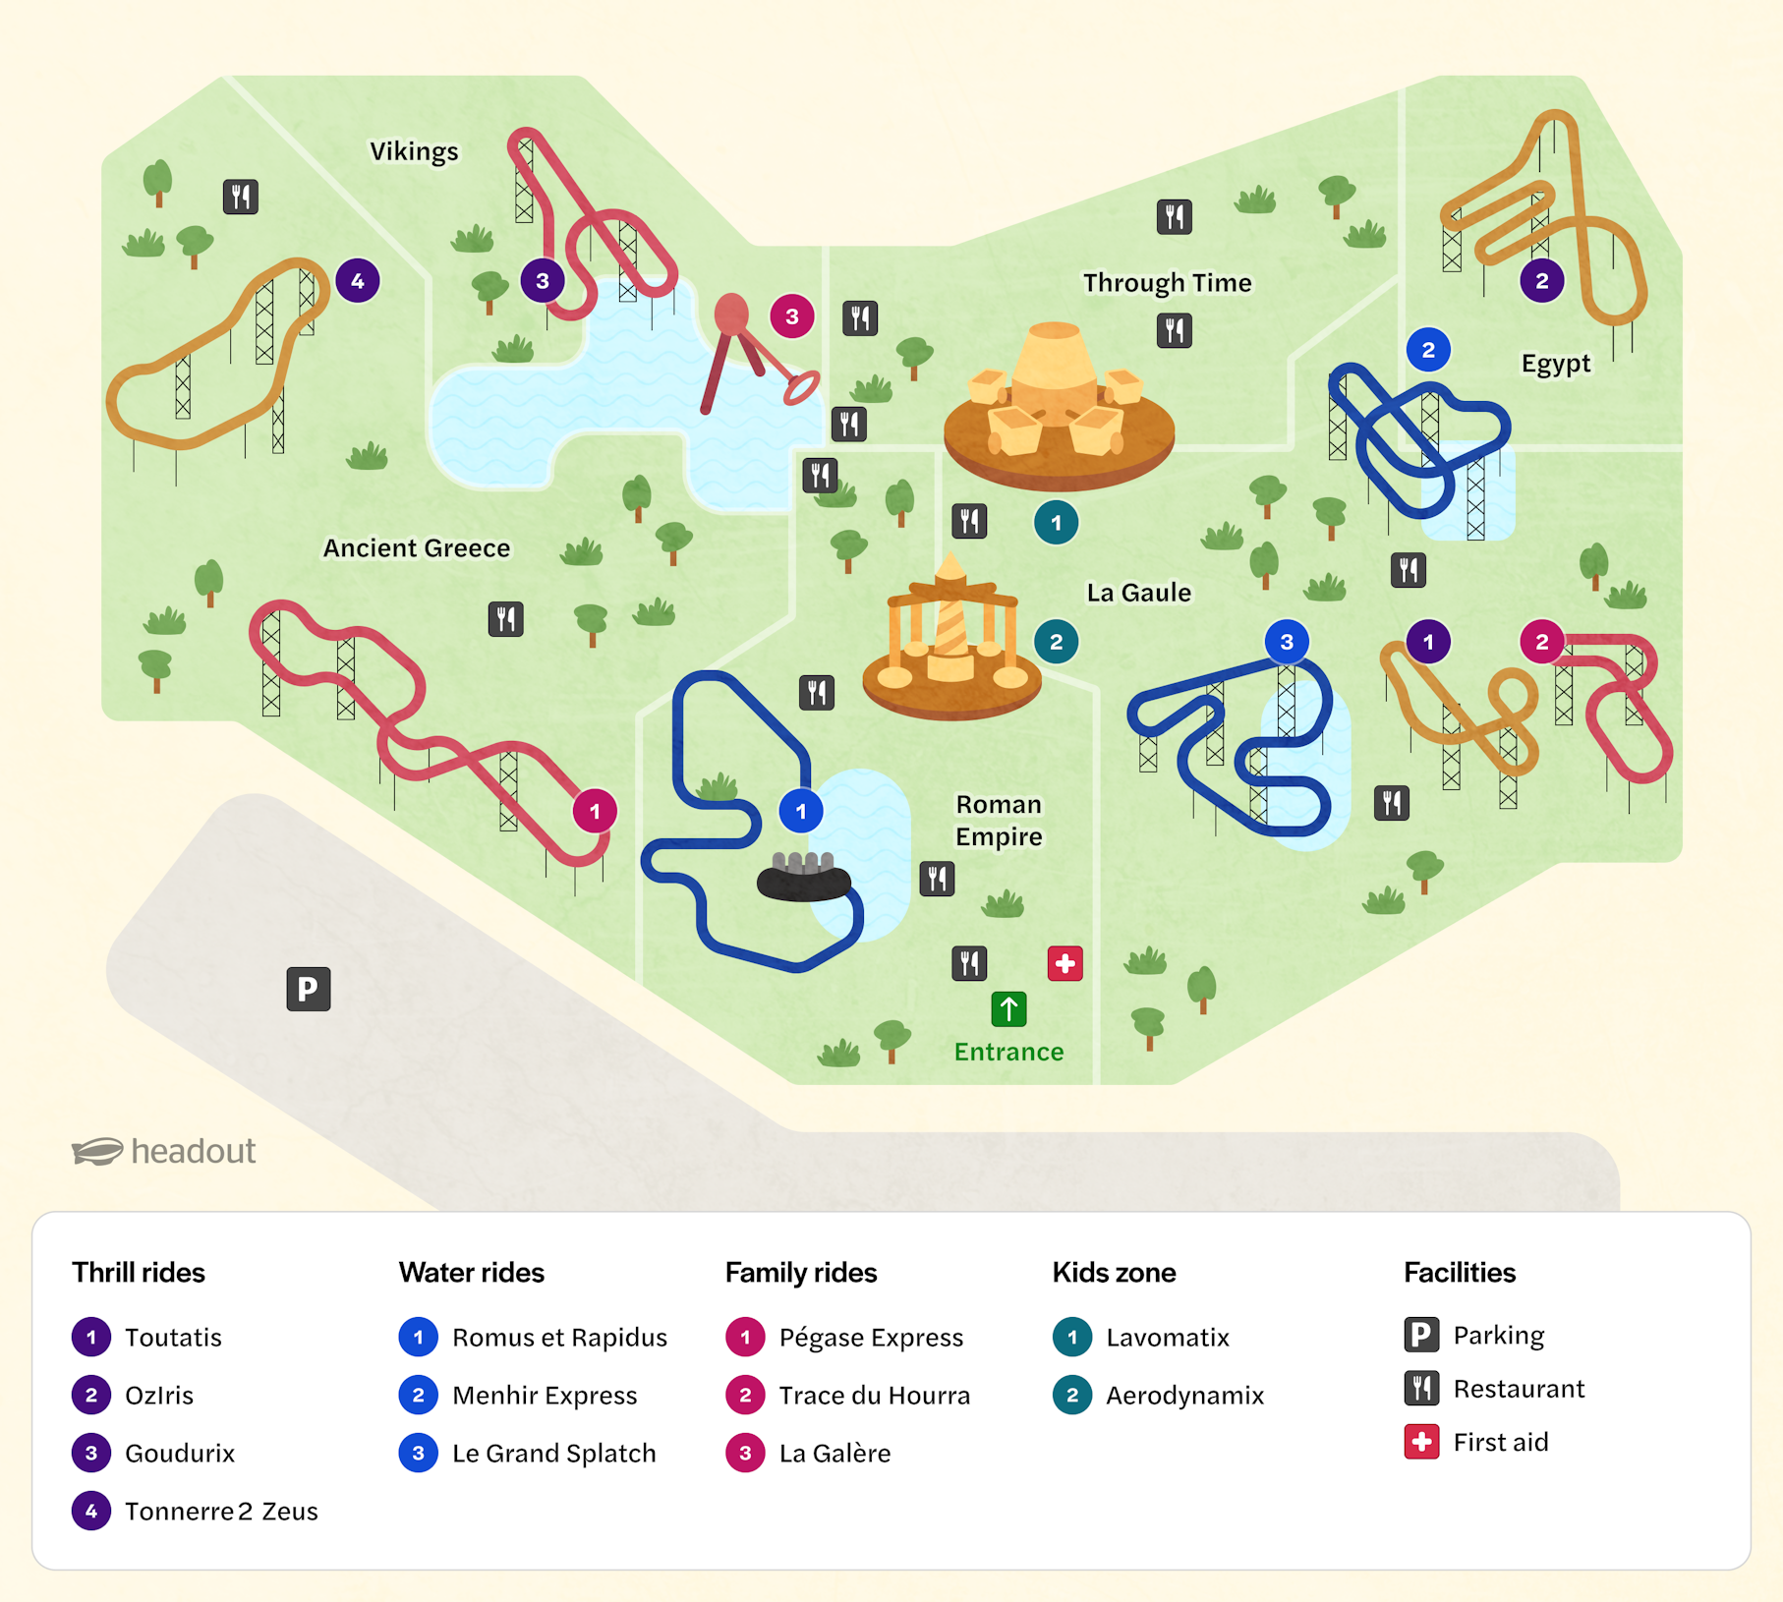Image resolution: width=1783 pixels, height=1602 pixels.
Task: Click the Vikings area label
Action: (414, 151)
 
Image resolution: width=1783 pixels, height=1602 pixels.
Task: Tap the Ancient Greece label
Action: (417, 547)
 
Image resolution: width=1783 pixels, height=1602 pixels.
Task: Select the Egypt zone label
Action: (1555, 364)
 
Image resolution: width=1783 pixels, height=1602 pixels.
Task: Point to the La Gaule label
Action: (1138, 593)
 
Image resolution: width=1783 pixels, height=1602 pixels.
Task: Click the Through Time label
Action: (1167, 283)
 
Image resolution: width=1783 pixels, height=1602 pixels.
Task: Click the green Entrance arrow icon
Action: (1008, 1008)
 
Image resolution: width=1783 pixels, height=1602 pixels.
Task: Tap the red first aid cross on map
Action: (1064, 963)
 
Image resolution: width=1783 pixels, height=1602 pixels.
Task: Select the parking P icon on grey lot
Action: (308, 989)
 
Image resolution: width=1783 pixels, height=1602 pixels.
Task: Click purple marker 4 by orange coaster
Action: (358, 281)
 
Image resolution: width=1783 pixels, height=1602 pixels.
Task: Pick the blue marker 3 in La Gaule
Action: (1286, 643)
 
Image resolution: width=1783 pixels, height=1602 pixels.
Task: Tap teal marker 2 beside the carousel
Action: (1056, 643)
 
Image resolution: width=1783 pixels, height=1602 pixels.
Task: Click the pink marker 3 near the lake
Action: (791, 316)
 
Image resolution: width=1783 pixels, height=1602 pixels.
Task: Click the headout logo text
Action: (193, 1151)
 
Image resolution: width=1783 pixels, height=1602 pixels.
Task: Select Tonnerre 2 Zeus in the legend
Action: (221, 1511)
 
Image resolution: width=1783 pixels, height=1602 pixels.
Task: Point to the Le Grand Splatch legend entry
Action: (553, 1453)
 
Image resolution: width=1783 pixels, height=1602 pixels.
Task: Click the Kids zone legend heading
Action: (1114, 1273)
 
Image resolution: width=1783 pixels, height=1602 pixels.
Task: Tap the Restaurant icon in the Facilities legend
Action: (1421, 1388)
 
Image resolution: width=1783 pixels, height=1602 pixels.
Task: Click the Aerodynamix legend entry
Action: (1184, 1395)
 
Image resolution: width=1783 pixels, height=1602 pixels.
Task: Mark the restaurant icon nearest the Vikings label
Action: (241, 197)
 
